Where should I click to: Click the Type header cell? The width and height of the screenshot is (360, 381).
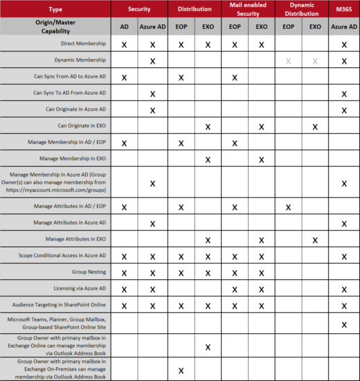click(55, 9)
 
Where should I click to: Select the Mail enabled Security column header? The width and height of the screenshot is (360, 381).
click(248, 9)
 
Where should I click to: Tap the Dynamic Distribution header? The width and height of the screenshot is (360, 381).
click(302, 9)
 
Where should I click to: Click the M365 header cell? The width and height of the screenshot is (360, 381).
click(343, 9)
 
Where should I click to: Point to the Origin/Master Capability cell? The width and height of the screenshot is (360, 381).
click(55, 26)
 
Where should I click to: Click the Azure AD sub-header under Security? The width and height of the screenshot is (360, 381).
click(152, 26)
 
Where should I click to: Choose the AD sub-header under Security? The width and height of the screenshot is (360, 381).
click(124, 26)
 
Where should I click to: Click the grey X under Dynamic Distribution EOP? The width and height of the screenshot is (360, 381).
click(288, 61)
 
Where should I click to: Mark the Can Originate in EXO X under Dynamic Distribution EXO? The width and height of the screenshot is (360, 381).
click(315, 126)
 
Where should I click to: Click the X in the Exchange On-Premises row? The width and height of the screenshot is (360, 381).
click(181, 371)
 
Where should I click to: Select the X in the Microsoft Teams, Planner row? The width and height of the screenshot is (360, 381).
click(343, 324)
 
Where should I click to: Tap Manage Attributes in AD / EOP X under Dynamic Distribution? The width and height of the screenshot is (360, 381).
click(288, 207)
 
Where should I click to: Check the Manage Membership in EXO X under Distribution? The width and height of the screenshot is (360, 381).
click(208, 159)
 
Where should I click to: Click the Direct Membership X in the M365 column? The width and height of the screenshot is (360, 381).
click(343, 44)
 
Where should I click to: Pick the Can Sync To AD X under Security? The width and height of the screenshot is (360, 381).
click(152, 94)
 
